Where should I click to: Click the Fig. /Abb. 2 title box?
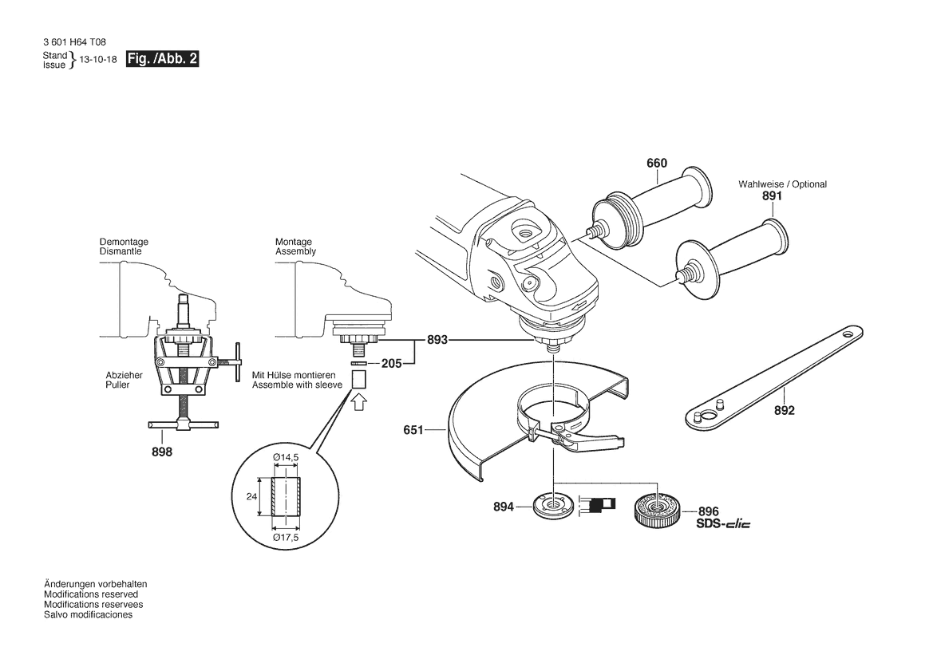point(163,59)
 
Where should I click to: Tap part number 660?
point(657,163)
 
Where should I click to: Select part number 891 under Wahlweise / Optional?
point(772,195)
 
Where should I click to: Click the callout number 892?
point(785,410)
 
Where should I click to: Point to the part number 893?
point(437,340)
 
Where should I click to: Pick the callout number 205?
point(392,363)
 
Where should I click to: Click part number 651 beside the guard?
point(413,429)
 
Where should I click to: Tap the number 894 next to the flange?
point(504,507)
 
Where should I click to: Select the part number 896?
point(709,511)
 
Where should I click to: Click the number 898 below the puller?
point(162,452)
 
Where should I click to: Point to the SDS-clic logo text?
point(723,524)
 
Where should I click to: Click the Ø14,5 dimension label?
point(286,457)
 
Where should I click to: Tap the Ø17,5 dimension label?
point(286,538)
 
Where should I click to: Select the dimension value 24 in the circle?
point(251,496)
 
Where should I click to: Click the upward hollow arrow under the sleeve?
point(359,403)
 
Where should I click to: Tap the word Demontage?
point(124,242)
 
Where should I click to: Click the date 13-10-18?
point(98,60)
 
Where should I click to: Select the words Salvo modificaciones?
point(88,615)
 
